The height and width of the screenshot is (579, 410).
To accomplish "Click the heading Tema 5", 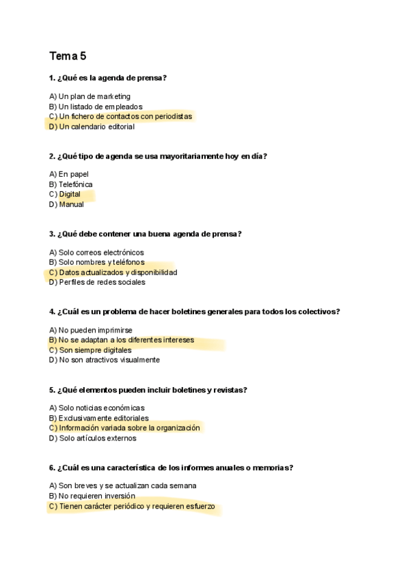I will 68,56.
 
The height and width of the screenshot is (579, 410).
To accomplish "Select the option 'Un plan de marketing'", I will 94,96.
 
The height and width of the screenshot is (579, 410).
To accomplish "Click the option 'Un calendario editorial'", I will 96,126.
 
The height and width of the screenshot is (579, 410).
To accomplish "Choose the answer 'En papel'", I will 74,174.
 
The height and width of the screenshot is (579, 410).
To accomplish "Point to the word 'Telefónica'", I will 76,184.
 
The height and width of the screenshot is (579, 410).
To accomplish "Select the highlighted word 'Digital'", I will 70,195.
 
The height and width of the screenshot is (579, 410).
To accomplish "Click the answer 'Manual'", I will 71,204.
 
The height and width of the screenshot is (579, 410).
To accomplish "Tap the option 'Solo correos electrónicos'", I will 101,253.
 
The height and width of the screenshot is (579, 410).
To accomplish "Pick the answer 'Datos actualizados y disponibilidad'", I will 118,272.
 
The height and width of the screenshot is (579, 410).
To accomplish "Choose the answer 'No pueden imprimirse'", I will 96,330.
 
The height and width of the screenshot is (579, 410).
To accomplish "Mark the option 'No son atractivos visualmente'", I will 109,360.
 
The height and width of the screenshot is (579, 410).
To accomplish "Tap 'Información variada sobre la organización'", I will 129,428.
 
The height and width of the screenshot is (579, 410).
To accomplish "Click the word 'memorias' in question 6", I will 273,468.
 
